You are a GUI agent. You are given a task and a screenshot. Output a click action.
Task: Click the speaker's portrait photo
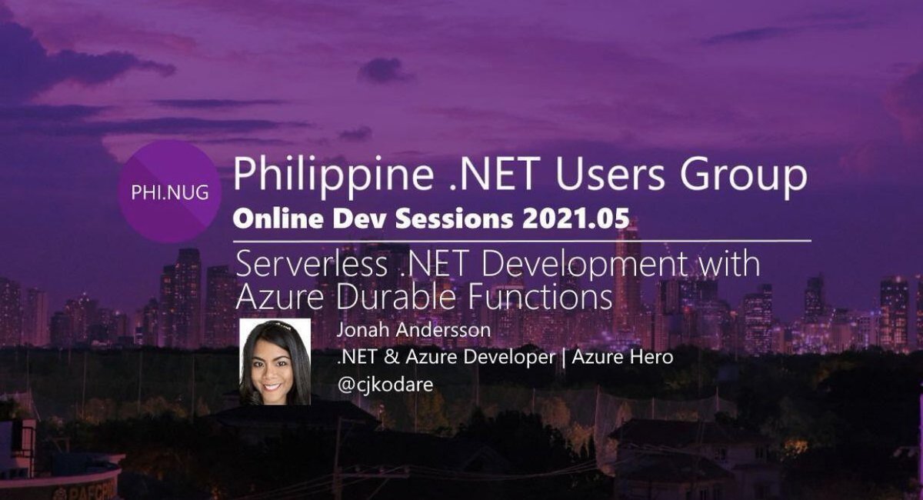tap(275, 362)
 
